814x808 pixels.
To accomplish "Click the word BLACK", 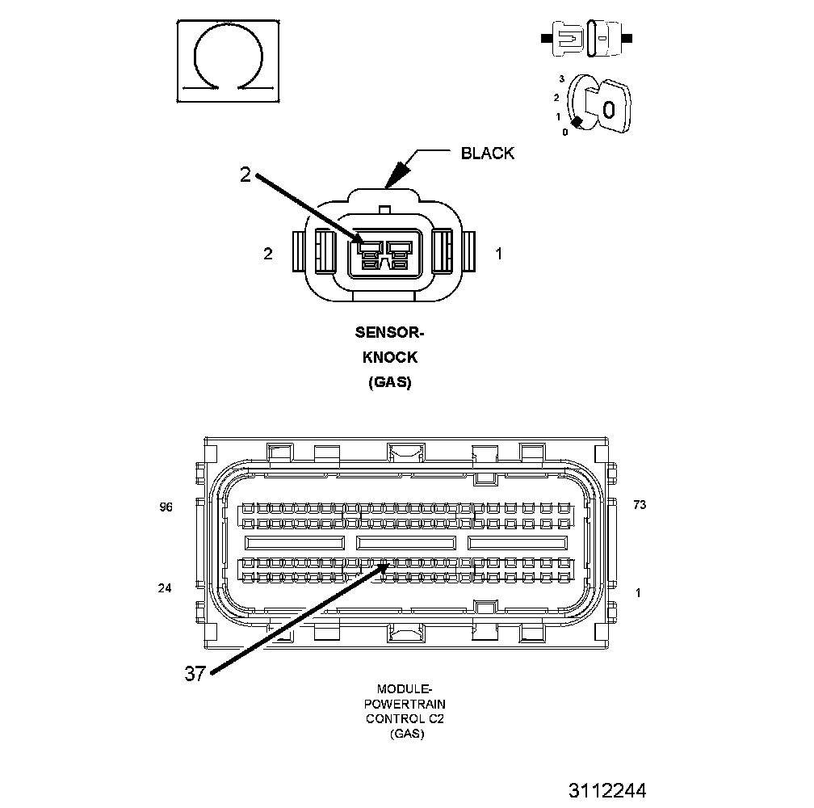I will pyautogui.click(x=487, y=154).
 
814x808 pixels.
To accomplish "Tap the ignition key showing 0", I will pyautogui.click(x=606, y=105).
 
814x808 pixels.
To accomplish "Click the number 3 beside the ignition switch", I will pyautogui.click(x=560, y=78).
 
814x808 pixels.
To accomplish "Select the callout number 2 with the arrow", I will pyautogui.click(x=245, y=175).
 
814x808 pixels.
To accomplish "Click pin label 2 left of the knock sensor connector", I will pyautogui.click(x=268, y=254).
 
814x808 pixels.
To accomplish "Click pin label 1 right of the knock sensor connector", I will pyautogui.click(x=499, y=254).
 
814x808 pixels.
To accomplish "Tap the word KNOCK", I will pyautogui.click(x=390, y=357).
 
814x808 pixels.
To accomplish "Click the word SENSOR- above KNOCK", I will pyautogui.click(x=390, y=332).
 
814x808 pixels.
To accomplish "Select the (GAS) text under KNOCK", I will pyautogui.click(x=390, y=382).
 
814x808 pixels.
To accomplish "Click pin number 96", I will pyautogui.click(x=166, y=507).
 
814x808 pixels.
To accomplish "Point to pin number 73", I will pyautogui.click(x=640, y=505).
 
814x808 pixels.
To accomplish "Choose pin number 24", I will pyautogui.click(x=165, y=588).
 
